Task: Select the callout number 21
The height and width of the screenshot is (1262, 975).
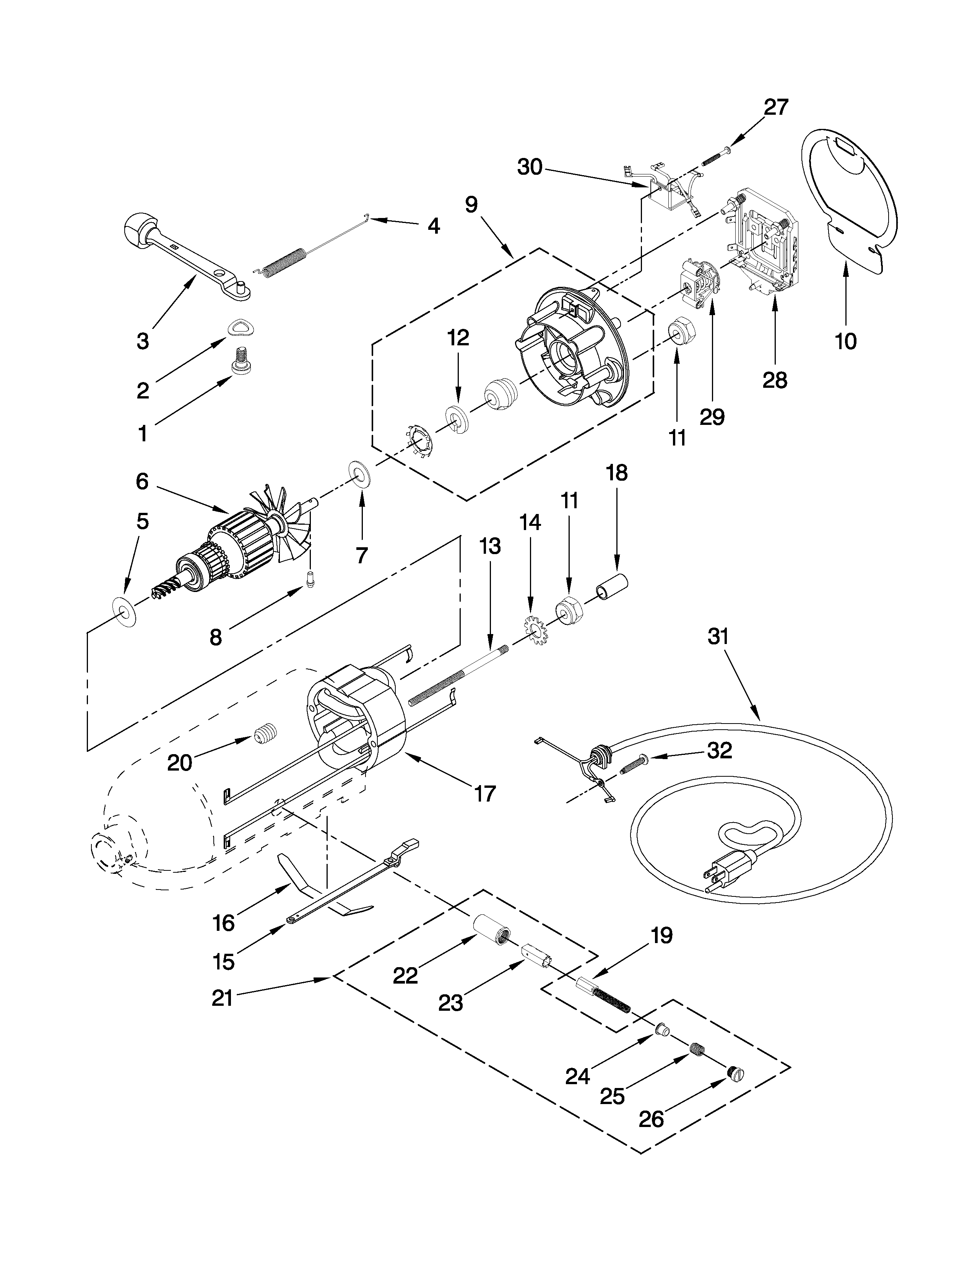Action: (x=222, y=997)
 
